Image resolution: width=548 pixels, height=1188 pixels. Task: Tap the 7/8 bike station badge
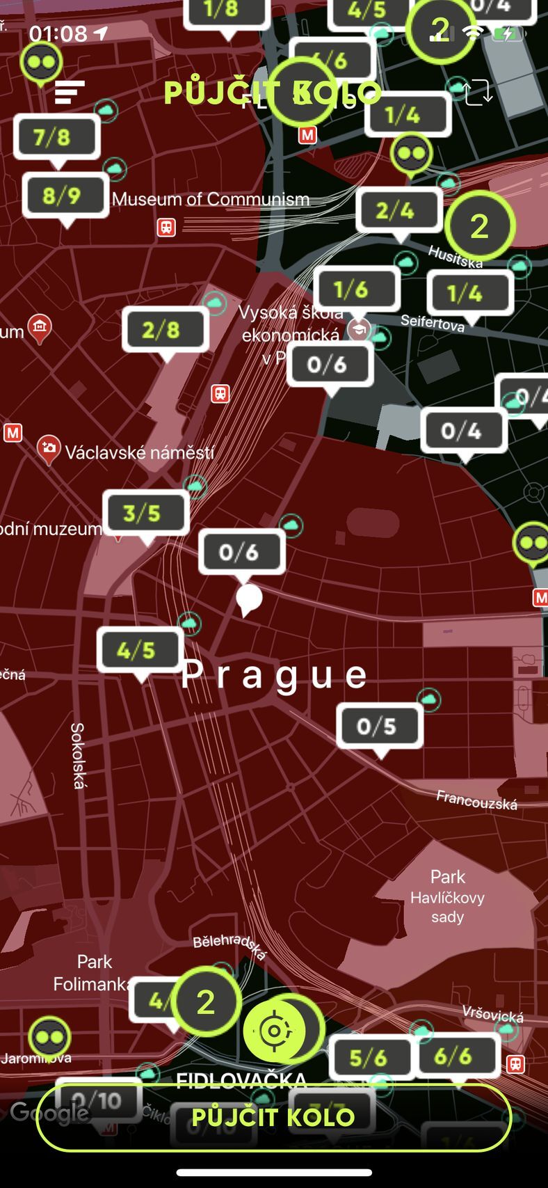(x=56, y=137)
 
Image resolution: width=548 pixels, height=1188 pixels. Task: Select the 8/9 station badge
(x=65, y=196)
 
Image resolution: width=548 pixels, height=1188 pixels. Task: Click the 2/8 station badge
(x=166, y=330)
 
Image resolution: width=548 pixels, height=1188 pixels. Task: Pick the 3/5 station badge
(x=145, y=514)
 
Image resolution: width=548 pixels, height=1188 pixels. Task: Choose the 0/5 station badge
(x=380, y=726)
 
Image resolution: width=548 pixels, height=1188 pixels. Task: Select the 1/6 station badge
(x=357, y=289)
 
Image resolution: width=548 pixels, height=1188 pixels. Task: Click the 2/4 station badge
(x=399, y=210)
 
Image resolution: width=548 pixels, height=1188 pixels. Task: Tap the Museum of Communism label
(x=210, y=200)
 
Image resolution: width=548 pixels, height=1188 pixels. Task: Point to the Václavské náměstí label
(x=139, y=453)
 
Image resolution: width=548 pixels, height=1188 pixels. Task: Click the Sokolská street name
(x=77, y=755)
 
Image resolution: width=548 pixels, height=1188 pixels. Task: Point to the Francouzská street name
(x=476, y=800)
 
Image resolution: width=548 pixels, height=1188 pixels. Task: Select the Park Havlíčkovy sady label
(x=447, y=896)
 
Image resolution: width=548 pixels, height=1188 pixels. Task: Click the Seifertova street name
(x=433, y=323)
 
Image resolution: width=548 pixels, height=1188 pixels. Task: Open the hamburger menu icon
(x=70, y=92)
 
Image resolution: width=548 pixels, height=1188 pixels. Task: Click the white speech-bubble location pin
(x=248, y=599)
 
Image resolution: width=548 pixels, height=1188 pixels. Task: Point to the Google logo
(x=49, y=1113)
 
